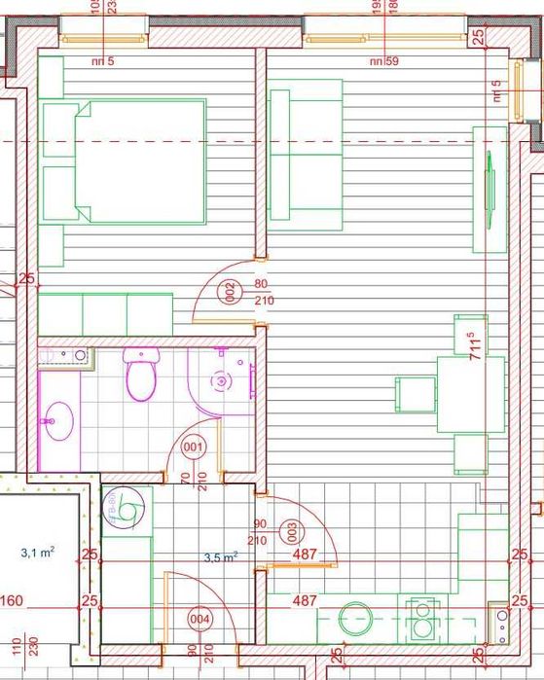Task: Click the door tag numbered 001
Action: pyautogui.click(x=194, y=448)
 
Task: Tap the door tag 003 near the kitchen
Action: pyautogui.click(x=289, y=530)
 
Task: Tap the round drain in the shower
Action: pyautogui.click(x=222, y=381)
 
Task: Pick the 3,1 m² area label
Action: pyautogui.click(x=38, y=552)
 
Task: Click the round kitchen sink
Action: pyautogui.click(x=353, y=619)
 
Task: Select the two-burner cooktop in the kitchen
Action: pyautogui.click(x=422, y=619)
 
